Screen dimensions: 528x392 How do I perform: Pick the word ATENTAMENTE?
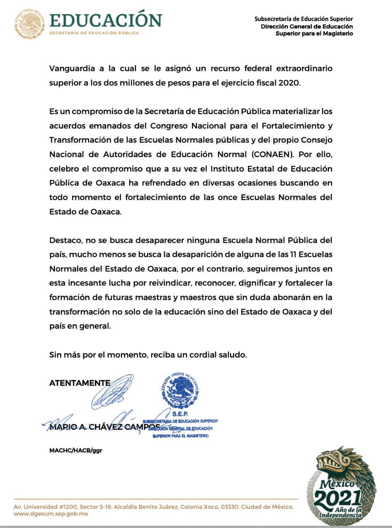[80, 383]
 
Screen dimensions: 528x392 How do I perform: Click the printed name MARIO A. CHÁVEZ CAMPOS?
[104, 427]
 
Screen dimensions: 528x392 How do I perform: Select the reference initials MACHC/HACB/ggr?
[76, 450]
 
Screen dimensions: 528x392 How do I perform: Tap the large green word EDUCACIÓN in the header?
[106, 21]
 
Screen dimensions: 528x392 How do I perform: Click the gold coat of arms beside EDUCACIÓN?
[30, 24]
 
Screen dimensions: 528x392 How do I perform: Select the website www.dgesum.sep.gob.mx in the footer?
[51, 514]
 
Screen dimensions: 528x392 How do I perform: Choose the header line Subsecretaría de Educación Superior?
[304, 19]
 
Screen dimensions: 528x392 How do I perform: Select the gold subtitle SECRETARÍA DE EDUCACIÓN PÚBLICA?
[94, 33]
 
